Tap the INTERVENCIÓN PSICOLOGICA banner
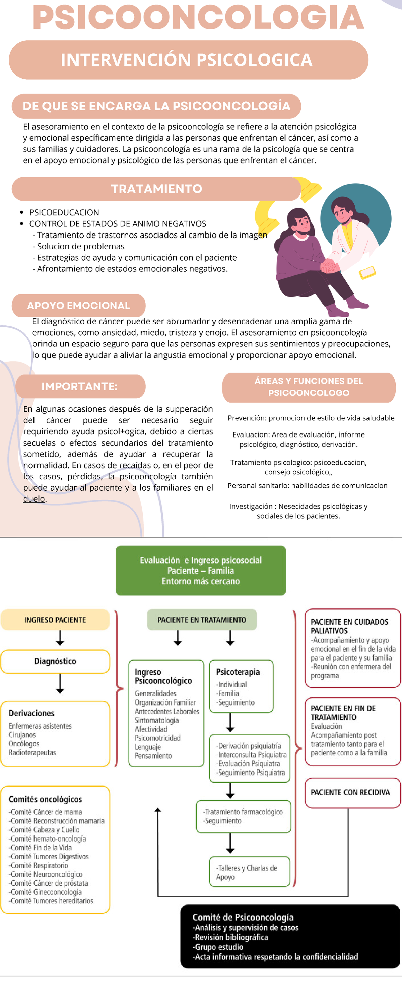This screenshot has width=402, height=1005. point(189,60)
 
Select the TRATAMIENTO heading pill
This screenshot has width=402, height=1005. point(156,189)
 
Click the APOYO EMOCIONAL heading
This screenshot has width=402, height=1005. point(78,306)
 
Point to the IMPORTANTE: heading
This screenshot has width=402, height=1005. point(80,386)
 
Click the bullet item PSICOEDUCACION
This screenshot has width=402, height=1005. point(64,213)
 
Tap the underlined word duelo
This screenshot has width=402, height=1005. point(34,499)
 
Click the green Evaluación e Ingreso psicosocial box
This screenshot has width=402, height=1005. point(201,571)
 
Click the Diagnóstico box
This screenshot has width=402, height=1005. point(55,661)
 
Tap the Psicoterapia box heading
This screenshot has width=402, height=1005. point(238,672)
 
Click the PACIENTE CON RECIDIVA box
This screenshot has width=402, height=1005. point(350,792)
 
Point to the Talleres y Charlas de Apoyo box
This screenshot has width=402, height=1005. point(249,872)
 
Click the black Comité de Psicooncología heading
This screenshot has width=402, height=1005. point(243,917)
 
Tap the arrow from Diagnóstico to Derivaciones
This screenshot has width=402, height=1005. point(60,683)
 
